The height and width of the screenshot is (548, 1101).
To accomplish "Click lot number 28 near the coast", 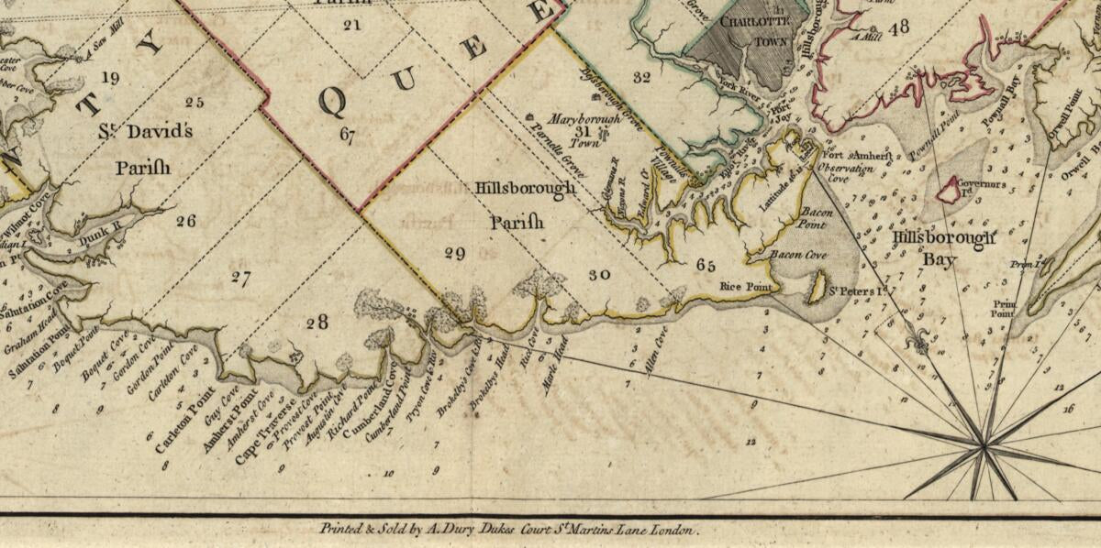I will (317, 322).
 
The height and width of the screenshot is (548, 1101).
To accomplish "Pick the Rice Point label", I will (743, 286).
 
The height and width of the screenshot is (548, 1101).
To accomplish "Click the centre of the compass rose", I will (984, 447).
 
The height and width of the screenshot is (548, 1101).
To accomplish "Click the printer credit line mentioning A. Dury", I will (509, 529).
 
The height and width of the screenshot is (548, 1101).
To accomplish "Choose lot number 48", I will (897, 27).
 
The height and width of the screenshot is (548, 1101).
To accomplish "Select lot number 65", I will (705, 266).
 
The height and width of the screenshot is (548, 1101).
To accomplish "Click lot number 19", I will (110, 78).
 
